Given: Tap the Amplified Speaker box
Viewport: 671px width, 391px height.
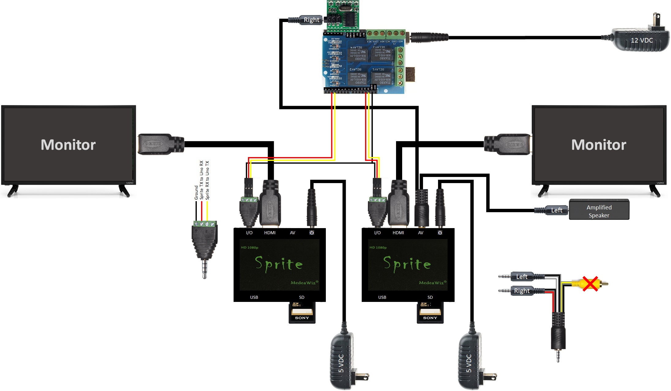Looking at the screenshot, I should [599, 210].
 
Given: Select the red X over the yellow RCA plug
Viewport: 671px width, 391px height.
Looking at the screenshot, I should [590, 284].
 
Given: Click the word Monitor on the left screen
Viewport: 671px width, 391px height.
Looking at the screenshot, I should [68, 145].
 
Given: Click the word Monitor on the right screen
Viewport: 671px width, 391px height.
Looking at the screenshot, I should [598, 145].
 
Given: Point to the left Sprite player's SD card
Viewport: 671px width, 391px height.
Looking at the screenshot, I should [302, 312].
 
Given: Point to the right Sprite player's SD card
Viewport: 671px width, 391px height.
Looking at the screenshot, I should [430, 312].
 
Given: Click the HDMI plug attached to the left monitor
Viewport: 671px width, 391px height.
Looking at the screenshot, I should [159, 144].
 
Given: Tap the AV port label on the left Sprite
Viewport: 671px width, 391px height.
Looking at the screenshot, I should [292, 233].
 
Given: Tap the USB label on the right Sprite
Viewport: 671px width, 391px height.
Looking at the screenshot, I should [382, 297].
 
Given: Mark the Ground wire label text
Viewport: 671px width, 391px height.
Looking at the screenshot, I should [196, 192].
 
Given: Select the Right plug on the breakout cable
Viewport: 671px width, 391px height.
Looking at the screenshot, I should [522, 291].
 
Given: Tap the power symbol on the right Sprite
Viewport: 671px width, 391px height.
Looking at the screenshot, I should [440, 233].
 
